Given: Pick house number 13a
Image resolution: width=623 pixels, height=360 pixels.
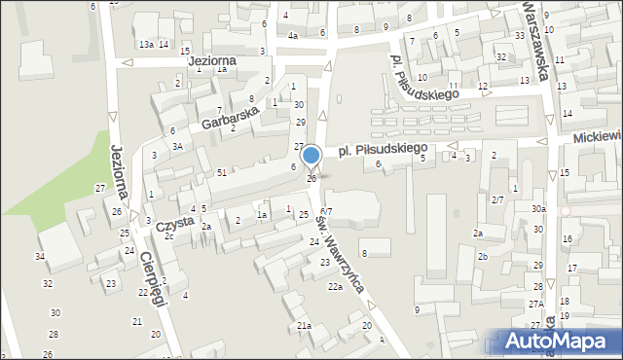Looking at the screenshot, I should pos(146,45).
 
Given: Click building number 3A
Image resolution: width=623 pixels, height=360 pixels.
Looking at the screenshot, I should pos(177,146).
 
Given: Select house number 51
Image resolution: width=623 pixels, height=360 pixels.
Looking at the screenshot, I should pos(222,172).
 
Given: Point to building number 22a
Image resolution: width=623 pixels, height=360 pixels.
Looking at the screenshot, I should pos(335,287).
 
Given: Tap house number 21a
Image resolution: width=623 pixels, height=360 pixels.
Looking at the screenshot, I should pos(304,325).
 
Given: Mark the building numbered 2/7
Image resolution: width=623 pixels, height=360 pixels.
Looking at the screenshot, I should pos(496,199).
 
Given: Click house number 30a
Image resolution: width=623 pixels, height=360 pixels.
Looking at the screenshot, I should pos(538,209).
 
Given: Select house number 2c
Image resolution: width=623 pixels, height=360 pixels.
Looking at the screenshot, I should pos(169,236).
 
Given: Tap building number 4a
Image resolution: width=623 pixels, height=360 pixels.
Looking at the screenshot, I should pos(292,36).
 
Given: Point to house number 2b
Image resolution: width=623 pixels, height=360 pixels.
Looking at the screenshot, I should pos(482,256).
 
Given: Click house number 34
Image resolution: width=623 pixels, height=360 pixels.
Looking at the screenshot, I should pos(40,256).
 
